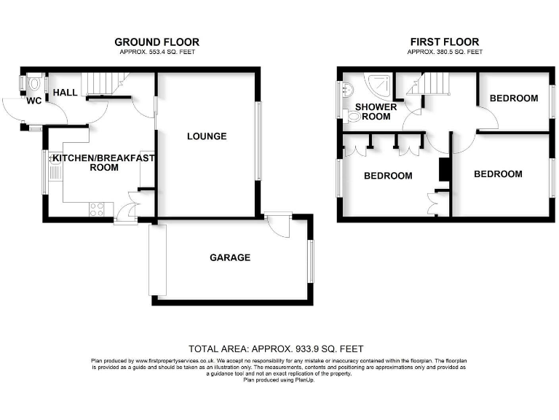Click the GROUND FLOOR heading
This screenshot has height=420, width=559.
(x=157, y=42)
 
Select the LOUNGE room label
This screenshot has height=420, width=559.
(x=207, y=136)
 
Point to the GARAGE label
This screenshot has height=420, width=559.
(x=230, y=257)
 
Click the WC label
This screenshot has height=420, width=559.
(x=34, y=101)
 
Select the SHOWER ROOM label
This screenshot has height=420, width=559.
(x=376, y=112)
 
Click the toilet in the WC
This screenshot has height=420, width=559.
(x=34, y=84)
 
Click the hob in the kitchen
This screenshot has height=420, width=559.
(x=95, y=209)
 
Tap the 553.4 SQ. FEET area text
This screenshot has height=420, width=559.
(x=157, y=52)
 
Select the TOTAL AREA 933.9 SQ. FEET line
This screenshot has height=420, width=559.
(x=276, y=349)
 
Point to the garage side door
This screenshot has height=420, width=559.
(x=277, y=224)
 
